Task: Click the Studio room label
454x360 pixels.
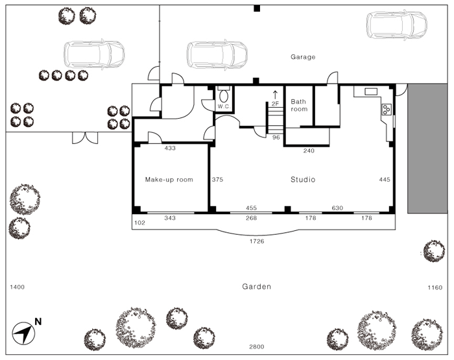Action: click(303, 180)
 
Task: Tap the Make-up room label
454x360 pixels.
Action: click(169, 180)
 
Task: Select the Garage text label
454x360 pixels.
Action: click(303, 57)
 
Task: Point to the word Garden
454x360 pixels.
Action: click(257, 287)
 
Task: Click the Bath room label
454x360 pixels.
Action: click(299, 106)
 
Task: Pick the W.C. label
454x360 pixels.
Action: click(224, 106)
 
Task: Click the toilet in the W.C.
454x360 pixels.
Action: click(224, 95)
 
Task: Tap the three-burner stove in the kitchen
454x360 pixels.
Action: click(387, 110)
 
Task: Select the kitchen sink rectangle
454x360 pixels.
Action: click(371, 92)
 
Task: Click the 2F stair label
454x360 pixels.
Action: click(275, 103)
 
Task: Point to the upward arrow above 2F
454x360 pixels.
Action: click(275, 95)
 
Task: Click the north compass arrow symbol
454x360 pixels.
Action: click(23, 333)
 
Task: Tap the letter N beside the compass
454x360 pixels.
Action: click(38, 322)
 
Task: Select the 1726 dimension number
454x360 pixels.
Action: click(257, 241)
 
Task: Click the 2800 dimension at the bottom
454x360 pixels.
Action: click(257, 346)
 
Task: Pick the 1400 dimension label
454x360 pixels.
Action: click(18, 287)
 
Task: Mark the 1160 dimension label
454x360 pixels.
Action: click(435, 287)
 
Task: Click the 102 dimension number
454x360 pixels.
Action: click(139, 222)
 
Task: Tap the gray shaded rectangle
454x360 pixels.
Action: click(427, 149)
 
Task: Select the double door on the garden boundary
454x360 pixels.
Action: click(85, 138)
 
